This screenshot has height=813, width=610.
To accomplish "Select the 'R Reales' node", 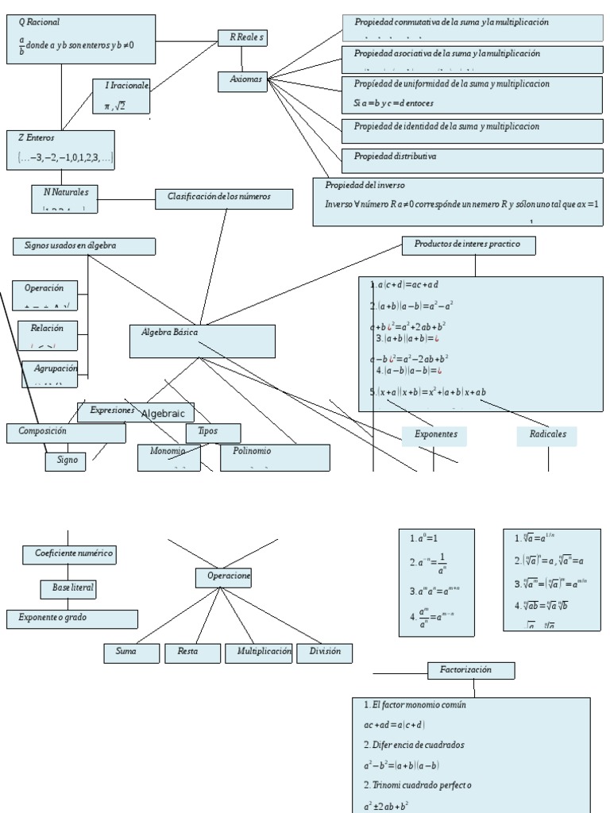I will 242,37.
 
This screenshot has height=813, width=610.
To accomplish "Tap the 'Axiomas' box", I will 242,81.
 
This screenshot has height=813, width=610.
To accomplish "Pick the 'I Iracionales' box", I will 121,94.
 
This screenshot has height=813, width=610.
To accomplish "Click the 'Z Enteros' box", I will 61,149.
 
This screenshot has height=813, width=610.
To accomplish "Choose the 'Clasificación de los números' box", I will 218,197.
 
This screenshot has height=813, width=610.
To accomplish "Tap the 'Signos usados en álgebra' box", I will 83,246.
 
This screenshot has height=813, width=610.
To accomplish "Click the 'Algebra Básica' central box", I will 203,341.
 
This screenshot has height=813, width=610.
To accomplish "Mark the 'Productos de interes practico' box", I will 469,245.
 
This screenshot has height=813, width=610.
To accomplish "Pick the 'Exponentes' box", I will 435,435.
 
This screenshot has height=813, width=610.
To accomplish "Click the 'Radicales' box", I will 547,435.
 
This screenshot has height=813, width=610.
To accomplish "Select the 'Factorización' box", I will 471,670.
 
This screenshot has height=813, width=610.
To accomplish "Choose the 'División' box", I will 325,653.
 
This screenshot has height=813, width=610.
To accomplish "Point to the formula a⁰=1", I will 424,539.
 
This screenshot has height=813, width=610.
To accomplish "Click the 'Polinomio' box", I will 275,457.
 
